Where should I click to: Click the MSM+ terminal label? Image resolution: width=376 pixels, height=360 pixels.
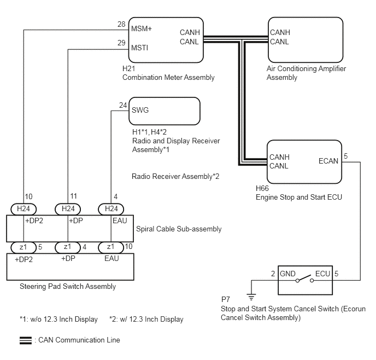coord(142,28)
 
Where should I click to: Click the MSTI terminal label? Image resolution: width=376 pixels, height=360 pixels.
coord(139,48)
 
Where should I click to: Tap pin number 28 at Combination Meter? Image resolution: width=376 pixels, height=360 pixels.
coord(121,24)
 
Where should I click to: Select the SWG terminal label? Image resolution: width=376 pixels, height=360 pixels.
coord(140,110)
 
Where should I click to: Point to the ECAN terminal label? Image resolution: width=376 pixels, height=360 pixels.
coord(328,161)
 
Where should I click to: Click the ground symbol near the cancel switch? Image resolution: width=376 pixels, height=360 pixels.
coord(251,297)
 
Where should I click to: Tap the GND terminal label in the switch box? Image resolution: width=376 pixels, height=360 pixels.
coord(287,274)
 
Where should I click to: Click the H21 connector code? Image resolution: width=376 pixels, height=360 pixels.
coord(128,68)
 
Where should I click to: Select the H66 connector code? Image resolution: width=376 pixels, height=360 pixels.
coord(262,188)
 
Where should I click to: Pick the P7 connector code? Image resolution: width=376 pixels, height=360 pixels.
coord(225,299)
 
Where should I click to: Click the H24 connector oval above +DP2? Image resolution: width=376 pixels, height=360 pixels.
coord(23,209)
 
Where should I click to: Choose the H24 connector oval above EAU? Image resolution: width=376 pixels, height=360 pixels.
coord(111,209)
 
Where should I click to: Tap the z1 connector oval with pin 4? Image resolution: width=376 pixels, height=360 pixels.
coord(68,247)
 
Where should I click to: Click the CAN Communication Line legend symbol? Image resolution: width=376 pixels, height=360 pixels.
coord(26,340)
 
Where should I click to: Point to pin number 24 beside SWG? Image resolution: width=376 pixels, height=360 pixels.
coord(123,105)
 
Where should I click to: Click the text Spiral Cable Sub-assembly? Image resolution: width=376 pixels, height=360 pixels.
coord(179,229)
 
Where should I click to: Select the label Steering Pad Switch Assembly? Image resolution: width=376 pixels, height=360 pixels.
coord(68,286)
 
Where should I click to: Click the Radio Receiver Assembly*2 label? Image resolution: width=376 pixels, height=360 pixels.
coord(175,176)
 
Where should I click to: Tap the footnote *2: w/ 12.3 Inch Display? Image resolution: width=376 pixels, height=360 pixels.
coord(146,319)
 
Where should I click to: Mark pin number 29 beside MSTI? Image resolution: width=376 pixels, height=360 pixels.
coord(121,43)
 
